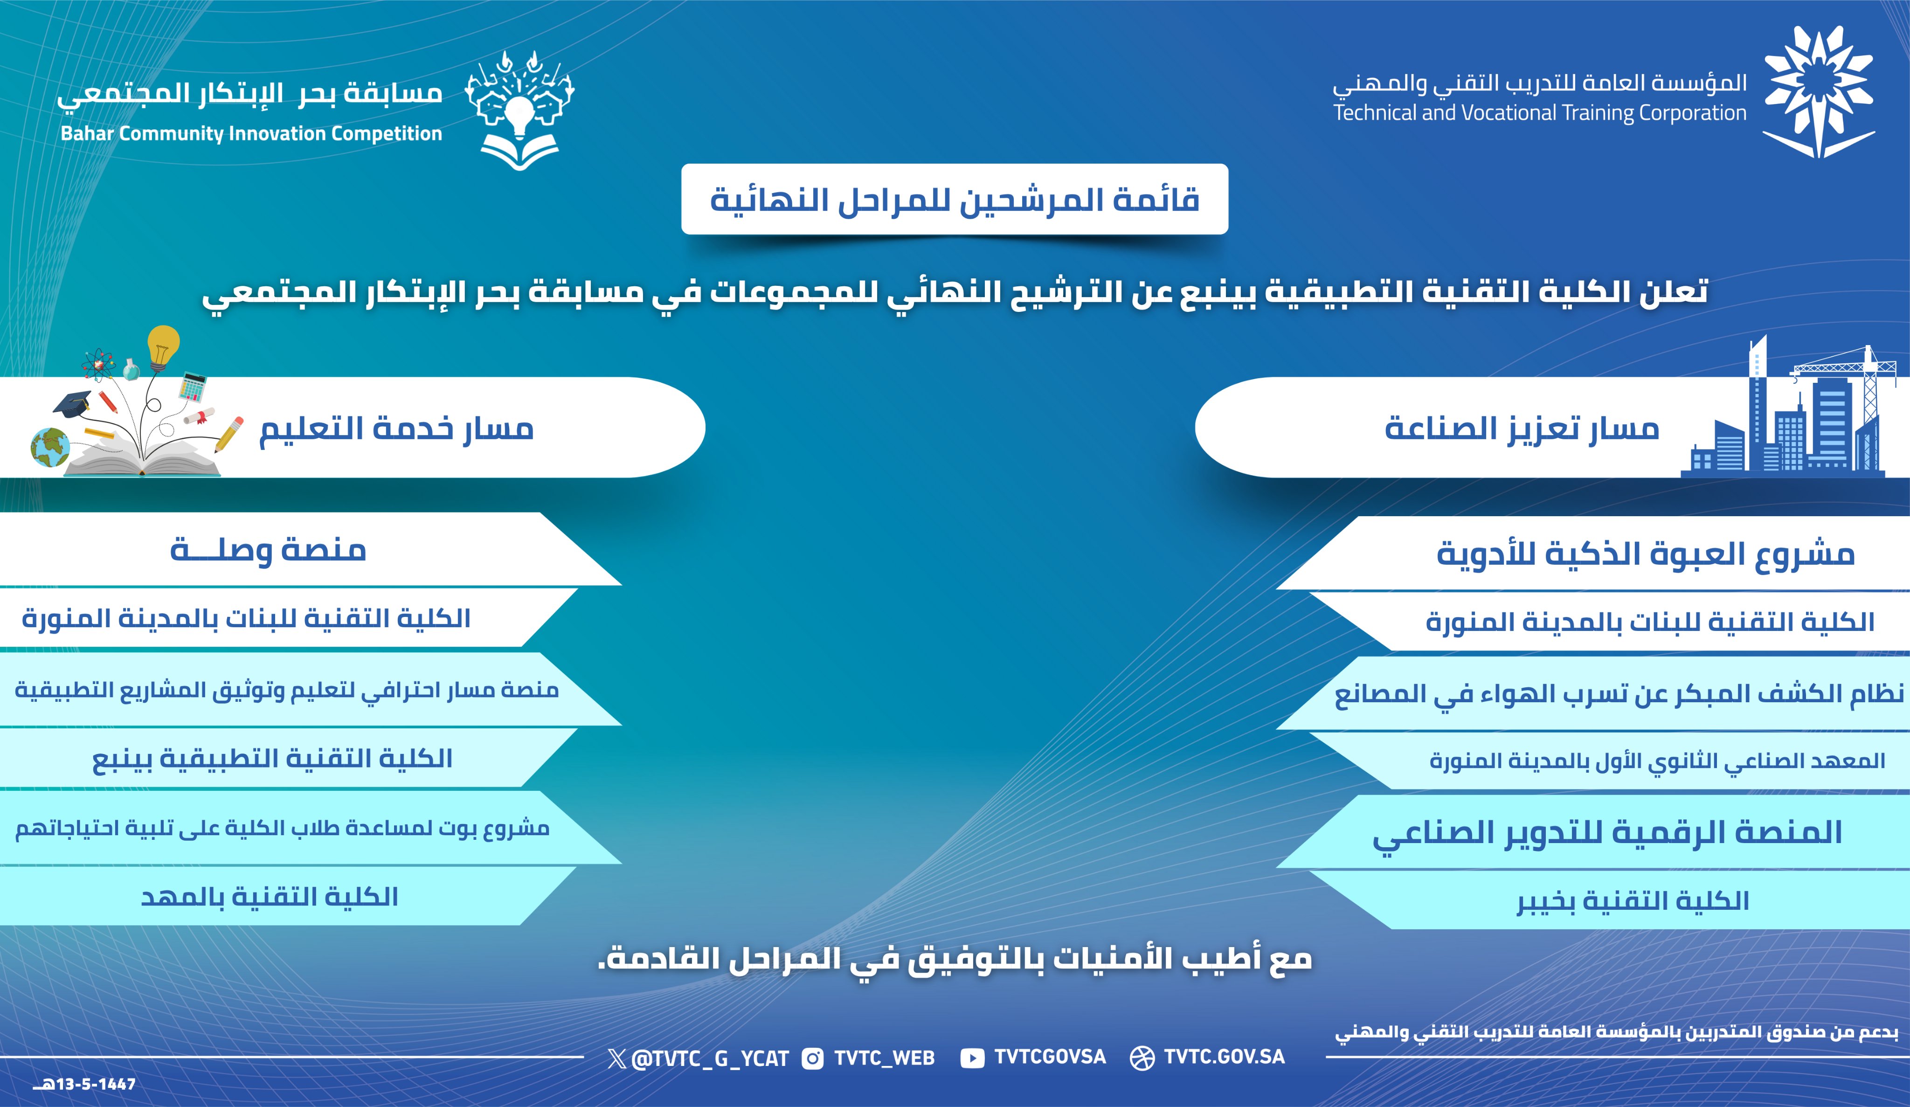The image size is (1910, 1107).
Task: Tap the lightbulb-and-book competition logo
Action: pos(519,110)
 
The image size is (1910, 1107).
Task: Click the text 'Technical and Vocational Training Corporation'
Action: pos(1539,114)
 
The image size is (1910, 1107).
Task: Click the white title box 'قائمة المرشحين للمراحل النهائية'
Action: pos(954,199)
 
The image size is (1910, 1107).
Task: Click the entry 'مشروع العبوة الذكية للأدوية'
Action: pos(1645,554)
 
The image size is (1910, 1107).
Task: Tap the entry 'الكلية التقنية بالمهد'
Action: pos(269,897)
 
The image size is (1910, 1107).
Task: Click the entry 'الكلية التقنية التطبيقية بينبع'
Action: pos(272,759)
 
